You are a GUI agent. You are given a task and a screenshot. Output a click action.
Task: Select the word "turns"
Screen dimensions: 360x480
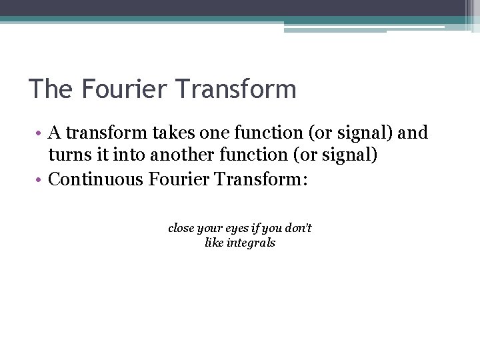click(x=69, y=156)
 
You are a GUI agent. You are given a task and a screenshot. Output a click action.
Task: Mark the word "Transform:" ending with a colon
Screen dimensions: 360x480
click(x=264, y=179)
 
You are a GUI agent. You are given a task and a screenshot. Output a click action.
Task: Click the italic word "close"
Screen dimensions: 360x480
click(x=181, y=228)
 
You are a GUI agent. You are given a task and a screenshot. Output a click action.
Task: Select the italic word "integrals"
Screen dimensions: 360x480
click(x=251, y=243)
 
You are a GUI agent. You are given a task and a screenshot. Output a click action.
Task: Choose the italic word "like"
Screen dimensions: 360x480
click(x=215, y=243)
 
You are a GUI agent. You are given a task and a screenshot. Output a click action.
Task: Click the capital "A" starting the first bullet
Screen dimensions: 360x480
click(x=56, y=133)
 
